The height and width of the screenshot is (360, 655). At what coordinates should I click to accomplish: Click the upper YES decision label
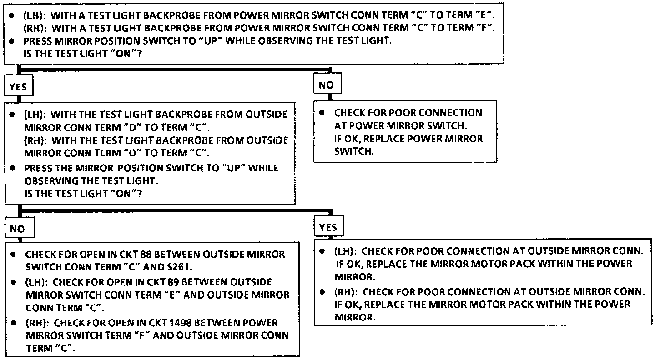point(18,87)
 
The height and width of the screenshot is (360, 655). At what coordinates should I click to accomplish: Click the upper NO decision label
point(326,85)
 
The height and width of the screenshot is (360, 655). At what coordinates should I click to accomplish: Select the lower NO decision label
point(18,229)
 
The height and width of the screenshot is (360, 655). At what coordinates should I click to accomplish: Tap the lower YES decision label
point(328,228)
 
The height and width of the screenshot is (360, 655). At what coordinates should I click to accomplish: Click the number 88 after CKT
point(146,254)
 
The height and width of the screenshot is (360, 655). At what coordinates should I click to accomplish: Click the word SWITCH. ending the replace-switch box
point(353,151)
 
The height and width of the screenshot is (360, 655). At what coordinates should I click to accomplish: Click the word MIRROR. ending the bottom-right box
point(355,317)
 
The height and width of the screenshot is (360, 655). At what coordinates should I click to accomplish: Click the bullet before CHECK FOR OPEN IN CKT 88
point(14,254)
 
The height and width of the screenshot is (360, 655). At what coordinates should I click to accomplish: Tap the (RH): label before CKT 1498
point(38,323)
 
